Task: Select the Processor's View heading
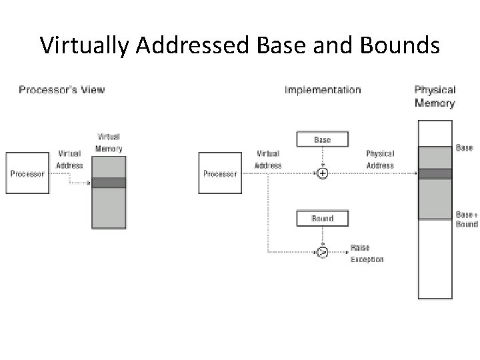pos(61,89)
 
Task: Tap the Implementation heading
pos(323,89)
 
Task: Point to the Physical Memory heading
pos(435,96)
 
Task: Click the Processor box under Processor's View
pos(27,174)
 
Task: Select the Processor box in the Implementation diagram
pos(220,174)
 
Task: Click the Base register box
pos(323,140)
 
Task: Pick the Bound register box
pos(323,218)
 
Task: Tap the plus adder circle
pos(323,173)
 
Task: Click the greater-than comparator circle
pos(323,252)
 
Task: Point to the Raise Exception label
pos(367,253)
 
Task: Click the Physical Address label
pos(380,159)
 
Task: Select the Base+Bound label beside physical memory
pos(467,219)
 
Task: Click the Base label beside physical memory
pos(465,147)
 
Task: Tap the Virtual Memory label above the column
pos(109,143)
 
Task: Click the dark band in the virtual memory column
pos(109,183)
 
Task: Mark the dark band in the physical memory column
pos(435,173)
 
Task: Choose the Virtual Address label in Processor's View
pos(70,159)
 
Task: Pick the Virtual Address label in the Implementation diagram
pos(268,159)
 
